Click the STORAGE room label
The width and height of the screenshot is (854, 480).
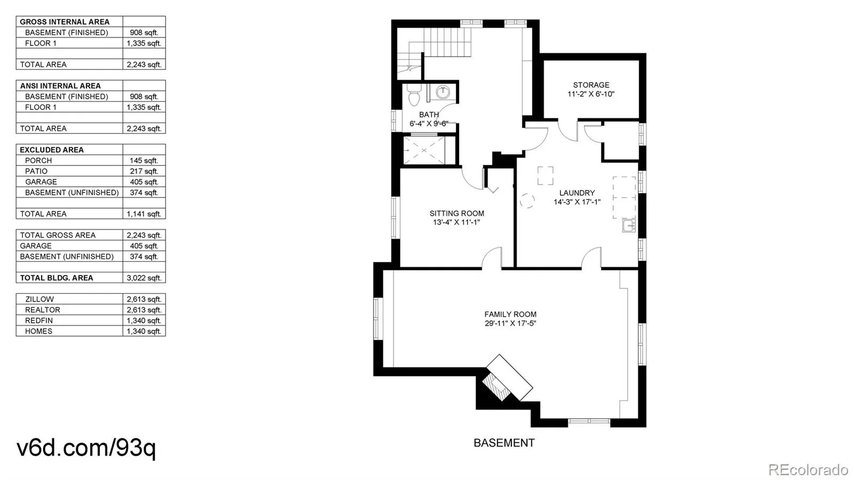click(x=591, y=85)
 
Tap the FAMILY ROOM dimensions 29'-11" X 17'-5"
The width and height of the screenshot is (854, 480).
click(x=510, y=324)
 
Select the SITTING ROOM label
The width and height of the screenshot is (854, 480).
click(x=457, y=214)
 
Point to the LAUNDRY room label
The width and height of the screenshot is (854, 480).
click(x=577, y=193)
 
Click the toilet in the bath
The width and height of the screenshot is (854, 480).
click(x=414, y=95)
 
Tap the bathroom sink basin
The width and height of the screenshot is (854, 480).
click(x=442, y=92)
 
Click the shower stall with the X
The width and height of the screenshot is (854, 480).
click(x=424, y=150)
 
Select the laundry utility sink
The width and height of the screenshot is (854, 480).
click(x=629, y=225)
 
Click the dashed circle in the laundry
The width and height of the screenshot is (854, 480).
click(x=527, y=201)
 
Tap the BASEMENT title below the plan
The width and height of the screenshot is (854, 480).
click(x=504, y=443)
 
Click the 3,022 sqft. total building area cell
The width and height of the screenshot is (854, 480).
click(x=144, y=278)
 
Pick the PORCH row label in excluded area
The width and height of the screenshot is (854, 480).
click(x=38, y=161)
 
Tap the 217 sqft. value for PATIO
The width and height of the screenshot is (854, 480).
click(x=144, y=171)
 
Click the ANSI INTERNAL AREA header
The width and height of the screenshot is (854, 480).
click(x=60, y=86)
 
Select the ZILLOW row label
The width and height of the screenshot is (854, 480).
click(x=39, y=300)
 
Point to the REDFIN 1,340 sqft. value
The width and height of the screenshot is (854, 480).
click(x=144, y=321)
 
